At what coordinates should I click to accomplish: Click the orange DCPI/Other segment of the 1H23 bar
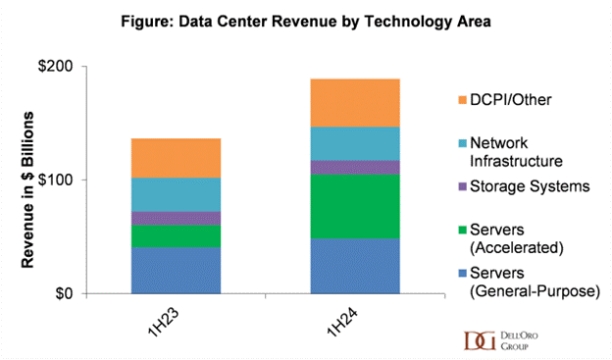(176, 158)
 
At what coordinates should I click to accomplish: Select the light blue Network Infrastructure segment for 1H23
(176, 194)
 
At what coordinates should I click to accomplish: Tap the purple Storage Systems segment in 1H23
(176, 218)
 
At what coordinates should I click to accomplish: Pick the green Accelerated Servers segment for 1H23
(176, 235)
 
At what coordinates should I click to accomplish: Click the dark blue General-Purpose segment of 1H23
(176, 270)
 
